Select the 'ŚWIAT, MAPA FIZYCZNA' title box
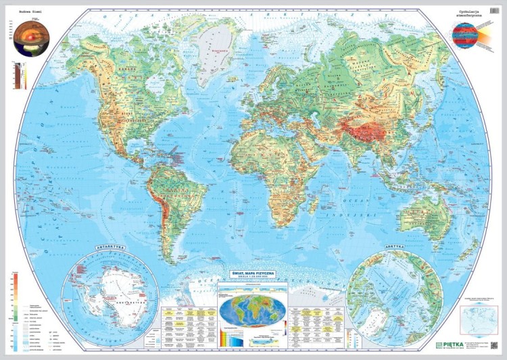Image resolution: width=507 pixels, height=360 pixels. (252, 272)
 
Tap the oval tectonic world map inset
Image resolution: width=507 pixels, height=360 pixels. (251, 313)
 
